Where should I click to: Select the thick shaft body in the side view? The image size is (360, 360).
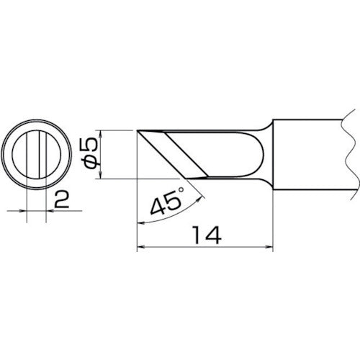point(310,154)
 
